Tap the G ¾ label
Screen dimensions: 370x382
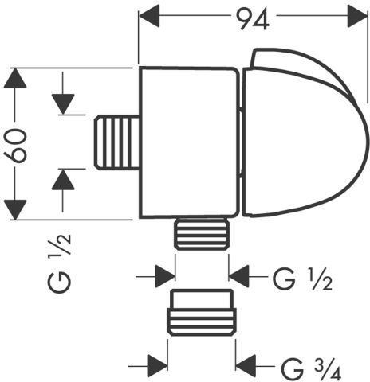(x=311, y=369)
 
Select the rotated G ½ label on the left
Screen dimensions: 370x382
(x=60, y=263)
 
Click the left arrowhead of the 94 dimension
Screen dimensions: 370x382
(x=149, y=16)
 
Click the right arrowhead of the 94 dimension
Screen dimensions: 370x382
(x=357, y=16)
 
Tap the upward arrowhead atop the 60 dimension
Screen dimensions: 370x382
(x=15, y=78)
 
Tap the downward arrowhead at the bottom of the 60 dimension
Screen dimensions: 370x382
(x=15, y=210)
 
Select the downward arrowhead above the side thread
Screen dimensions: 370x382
(x=63, y=104)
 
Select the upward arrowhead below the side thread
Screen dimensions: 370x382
(x=63, y=180)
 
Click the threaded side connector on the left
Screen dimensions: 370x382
(x=117, y=142)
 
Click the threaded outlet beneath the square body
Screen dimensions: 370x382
(x=202, y=234)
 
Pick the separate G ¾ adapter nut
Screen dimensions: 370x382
(x=202, y=313)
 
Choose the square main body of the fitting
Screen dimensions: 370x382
(x=189, y=142)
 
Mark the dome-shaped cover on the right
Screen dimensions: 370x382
(x=305, y=133)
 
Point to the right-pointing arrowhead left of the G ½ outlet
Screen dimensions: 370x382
(x=165, y=276)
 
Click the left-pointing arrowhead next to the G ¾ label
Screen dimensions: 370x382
(x=246, y=366)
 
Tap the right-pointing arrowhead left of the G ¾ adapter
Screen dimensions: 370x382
(x=158, y=366)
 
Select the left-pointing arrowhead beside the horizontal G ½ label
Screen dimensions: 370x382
(x=239, y=276)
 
